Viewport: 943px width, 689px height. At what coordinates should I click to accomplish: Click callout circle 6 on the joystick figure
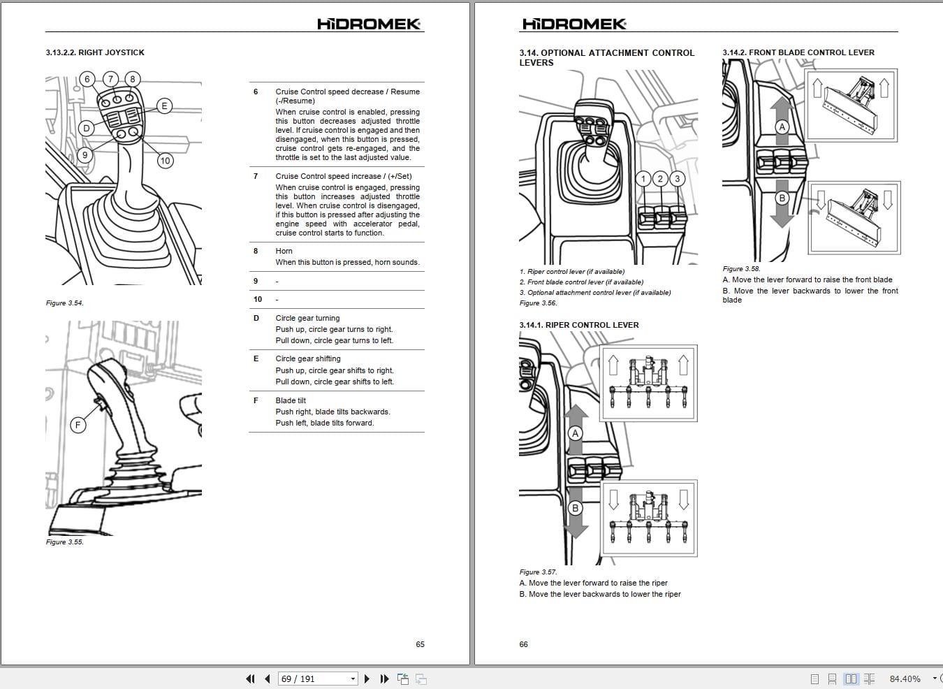point(87,79)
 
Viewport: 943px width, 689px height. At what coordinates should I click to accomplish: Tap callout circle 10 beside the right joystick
point(165,161)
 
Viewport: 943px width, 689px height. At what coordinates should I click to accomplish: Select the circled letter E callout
point(164,106)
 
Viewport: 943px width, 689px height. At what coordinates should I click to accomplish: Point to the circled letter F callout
point(78,425)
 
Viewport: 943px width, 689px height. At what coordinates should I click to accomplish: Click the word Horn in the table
point(284,251)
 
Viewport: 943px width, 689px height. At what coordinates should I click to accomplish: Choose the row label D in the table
point(256,318)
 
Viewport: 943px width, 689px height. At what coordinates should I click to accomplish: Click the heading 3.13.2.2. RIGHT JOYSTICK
point(95,52)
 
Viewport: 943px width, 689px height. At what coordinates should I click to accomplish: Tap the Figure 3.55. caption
point(65,542)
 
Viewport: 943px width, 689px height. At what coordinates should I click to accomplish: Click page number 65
point(420,644)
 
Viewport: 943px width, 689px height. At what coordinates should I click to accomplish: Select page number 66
point(524,644)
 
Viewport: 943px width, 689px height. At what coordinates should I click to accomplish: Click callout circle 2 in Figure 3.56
point(660,179)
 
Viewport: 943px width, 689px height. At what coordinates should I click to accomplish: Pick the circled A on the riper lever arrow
point(576,433)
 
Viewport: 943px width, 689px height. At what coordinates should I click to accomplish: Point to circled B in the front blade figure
point(782,198)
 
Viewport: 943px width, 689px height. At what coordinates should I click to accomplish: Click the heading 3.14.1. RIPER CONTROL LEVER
point(579,325)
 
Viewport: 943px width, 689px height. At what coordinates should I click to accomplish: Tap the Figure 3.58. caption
point(741,269)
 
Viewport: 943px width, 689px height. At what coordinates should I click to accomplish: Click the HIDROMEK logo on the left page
point(369,24)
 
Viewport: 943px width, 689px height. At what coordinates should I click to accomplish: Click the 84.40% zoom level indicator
point(905,679)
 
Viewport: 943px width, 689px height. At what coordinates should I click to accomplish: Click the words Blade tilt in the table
point(291,400)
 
